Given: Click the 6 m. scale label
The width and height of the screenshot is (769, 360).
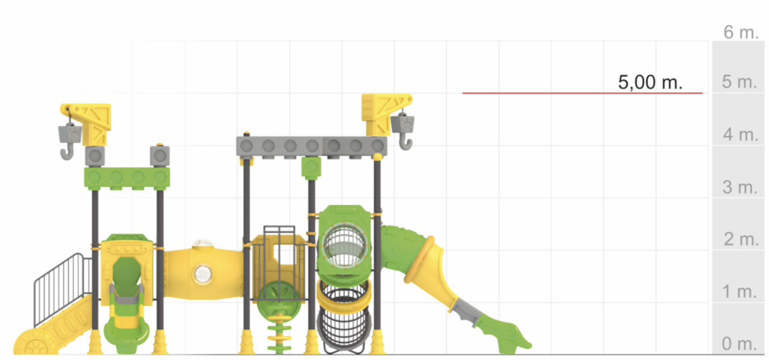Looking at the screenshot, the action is click(741, 32).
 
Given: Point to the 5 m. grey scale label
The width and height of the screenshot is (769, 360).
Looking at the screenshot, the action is click(740, 82).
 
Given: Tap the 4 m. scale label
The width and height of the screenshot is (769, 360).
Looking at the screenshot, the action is click(741, 135).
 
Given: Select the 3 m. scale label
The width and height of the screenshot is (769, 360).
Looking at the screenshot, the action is click(740, 187).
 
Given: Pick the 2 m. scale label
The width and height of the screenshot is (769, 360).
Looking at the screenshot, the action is click(741, 239).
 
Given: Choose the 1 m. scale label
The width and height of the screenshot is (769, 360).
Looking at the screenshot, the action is click(740, 291).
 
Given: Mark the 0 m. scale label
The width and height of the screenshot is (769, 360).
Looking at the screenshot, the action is click(740, 344).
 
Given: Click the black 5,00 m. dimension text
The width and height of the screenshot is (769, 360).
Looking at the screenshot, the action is click(650, 82).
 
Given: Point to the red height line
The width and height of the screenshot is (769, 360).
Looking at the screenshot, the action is click(583, 93).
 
